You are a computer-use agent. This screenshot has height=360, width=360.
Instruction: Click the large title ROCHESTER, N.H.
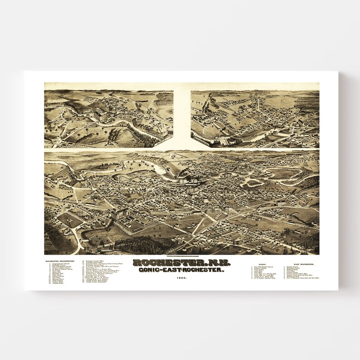tap(182, 263)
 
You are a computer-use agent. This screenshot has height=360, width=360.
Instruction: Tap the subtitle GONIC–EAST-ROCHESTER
tap(182, 270)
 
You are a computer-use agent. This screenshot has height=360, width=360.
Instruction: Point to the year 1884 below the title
tap(182, 277)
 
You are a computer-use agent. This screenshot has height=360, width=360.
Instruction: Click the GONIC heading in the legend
tap(262, 263)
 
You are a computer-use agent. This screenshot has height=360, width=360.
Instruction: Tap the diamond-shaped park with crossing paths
tap(69, 220)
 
